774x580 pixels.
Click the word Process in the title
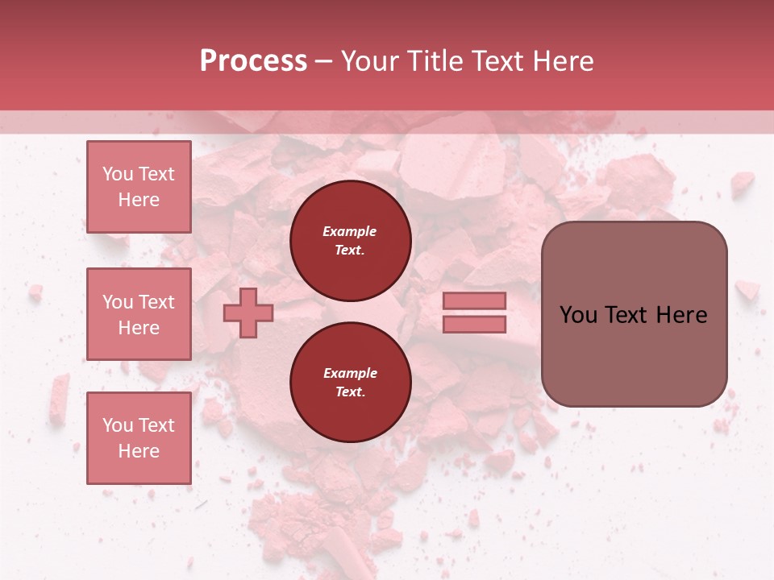253,61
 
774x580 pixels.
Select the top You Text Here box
139,187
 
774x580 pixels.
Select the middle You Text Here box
139,314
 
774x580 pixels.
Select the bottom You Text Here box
139,437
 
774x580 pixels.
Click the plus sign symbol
248,313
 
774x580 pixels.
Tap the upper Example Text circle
350,241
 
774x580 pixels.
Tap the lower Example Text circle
350,383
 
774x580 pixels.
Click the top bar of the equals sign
474,300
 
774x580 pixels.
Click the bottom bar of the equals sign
474,324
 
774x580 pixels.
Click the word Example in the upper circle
349,231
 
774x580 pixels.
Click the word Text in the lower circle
349,392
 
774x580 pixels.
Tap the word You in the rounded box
577,315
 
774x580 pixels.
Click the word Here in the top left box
139,200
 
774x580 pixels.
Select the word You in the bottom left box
117,425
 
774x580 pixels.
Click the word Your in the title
371,61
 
